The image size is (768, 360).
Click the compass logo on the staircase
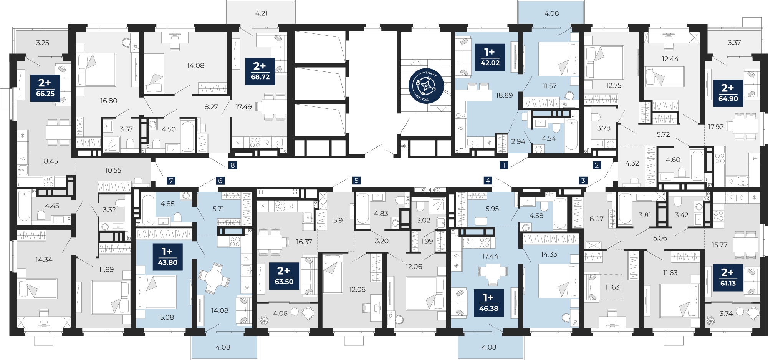[x=426, y=86]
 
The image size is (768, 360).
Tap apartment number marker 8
[x=232, y=165]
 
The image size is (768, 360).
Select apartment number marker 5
[x=356, y=180]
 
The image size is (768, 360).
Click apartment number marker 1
[x=504, y=165]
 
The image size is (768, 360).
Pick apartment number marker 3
[x=583, y=180]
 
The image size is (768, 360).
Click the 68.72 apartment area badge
[x=260, y=71]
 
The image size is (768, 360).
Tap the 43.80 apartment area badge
[x=168, y=257]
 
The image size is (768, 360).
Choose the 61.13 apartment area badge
[x=728, y=278]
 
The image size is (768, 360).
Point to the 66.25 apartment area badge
[x=45, y=88]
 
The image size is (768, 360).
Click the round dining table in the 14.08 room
[x=214, y=277]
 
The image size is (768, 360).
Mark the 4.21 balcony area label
[x=262, y=13]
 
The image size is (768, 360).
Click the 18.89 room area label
[x=504, y=95]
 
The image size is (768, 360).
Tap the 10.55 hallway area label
[x=113, y=170]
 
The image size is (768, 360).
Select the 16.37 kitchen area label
[x=304, y=242]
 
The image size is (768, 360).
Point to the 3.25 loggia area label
[x=43, y=43]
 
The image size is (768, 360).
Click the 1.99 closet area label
[x=427, y=241]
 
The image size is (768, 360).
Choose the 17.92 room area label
[x=716, y=127]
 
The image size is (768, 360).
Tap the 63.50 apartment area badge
[x=284, y=276]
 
